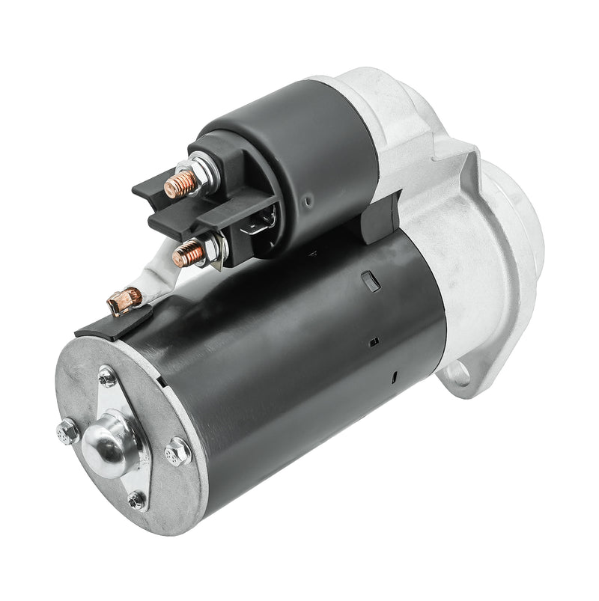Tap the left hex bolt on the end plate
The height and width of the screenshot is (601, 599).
[67, 430]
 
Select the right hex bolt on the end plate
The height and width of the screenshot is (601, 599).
[177, 451]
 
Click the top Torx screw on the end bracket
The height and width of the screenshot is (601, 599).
[107, 377]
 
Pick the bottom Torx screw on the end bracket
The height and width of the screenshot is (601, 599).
[137, 499]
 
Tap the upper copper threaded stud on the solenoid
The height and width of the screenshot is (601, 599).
[180, 183]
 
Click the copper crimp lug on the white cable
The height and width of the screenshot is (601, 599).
[124, 301]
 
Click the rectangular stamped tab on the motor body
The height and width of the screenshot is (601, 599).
[367, 280]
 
